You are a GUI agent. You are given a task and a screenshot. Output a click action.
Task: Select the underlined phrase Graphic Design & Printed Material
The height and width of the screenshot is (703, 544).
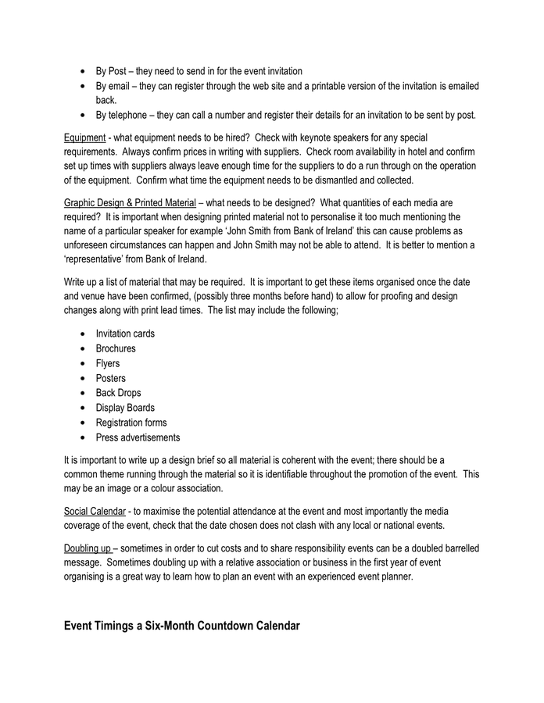pos(130,202)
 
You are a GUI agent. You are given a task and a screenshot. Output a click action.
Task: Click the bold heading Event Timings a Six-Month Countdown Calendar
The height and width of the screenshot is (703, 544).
pos(182,626)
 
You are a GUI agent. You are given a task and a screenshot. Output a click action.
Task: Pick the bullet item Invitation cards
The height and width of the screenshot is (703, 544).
pos(125,334)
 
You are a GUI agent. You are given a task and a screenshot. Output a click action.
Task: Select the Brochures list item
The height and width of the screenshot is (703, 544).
pos(116,348)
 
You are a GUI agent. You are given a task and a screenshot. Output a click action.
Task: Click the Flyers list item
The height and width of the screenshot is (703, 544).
pos(109,363)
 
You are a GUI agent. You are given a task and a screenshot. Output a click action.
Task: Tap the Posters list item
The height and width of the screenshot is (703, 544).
pos(110,378)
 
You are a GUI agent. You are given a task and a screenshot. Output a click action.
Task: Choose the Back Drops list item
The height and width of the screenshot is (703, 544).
pos(118,393)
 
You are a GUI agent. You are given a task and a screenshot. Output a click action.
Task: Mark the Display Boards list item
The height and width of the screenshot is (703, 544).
pos(125,408)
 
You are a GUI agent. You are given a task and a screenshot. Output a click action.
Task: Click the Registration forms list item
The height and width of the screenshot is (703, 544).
pos(131,423)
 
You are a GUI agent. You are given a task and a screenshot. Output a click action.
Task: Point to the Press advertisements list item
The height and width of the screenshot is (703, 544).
pos(138,437)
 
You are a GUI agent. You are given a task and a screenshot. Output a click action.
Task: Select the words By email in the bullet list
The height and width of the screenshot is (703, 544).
pos(114,86)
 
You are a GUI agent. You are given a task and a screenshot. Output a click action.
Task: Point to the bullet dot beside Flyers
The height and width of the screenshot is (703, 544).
pos(83,364)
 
